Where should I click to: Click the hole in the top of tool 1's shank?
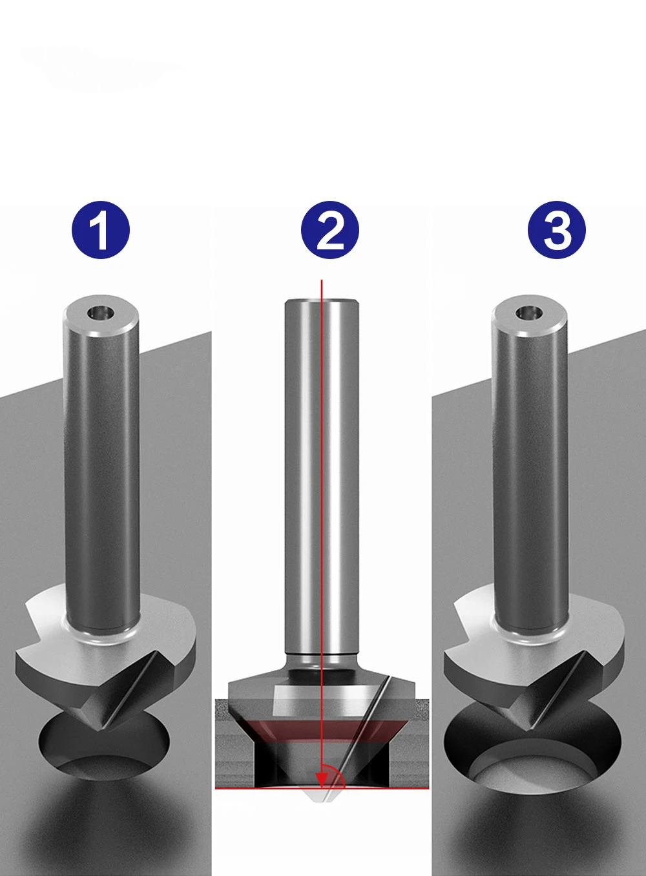(100, 312)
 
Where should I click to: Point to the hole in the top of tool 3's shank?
(529, 313)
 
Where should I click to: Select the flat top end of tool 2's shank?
(321, 300)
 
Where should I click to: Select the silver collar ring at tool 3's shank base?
(530, 630)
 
